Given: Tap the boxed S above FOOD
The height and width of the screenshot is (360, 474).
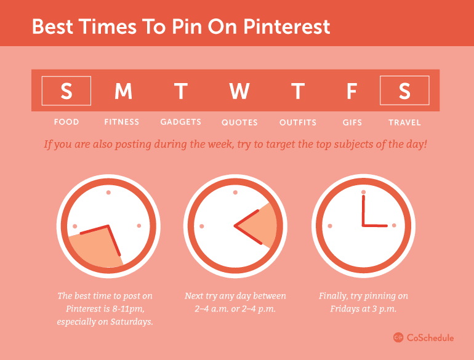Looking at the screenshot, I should click(66, 91).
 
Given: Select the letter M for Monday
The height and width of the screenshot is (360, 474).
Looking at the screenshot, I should click(123, 91).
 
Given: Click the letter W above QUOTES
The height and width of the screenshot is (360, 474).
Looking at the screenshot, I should click(239, 91).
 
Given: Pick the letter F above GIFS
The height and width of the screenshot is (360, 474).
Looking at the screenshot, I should click(351, 91).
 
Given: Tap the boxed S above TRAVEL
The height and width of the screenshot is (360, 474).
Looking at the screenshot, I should click(404, 91).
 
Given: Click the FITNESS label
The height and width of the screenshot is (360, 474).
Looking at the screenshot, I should click(122, 122).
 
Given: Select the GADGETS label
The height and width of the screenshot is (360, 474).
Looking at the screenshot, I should click(180, 122).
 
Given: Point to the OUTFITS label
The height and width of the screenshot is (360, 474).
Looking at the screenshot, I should click(298, 122).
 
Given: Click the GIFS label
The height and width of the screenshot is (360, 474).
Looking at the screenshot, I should click(352, 122).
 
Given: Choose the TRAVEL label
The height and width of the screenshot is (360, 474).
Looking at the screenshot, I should click(404, 122).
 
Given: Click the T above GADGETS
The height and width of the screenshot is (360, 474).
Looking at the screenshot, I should click(180, 91).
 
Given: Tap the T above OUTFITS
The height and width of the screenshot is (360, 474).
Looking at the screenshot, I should click(298, 91).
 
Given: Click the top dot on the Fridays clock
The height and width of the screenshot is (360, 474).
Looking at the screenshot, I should click(363, 193).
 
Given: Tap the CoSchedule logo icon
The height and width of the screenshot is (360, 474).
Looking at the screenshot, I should click(398, 337).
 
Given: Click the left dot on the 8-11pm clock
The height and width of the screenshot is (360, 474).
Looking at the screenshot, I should click(75, 226).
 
